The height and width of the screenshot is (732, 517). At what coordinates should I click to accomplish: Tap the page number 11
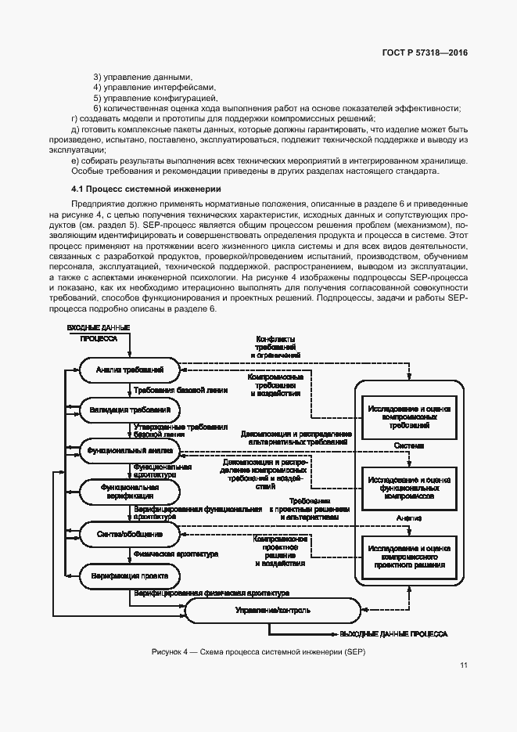(x=464, y=665)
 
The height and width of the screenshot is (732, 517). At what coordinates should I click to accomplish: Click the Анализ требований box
(x=130, y=369)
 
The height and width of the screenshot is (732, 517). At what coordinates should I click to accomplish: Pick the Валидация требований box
(x=130, y=409)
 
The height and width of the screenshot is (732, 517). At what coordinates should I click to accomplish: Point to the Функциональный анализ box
(x=130, y=451)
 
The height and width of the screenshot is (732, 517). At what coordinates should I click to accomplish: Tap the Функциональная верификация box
(x=130, y=491)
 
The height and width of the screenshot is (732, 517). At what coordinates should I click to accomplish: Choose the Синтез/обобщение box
(x=130, y=533)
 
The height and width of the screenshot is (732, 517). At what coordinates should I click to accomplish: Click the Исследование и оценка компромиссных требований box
(x=407, y=417)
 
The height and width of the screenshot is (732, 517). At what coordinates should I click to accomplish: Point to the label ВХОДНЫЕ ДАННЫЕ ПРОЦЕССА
(x=98, y=332)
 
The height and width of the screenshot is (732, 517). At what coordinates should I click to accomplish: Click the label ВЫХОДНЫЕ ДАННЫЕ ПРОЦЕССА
(x=393, y=632)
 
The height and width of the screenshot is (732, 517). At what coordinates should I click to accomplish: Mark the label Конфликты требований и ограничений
(x=275, y=347)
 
